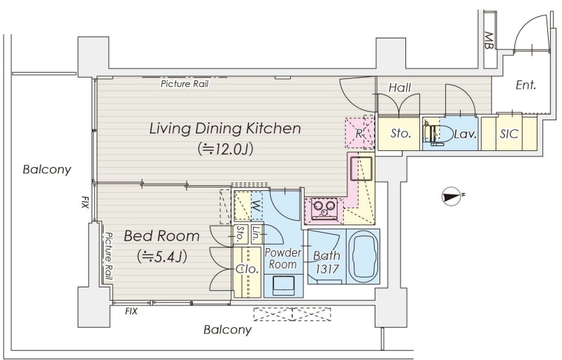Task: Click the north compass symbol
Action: pos(452,197)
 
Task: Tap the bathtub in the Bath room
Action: pos(363,257)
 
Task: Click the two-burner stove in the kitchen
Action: pos(324,208)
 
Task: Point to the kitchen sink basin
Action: pos(361,168)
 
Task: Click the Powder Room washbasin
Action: pos(283,286)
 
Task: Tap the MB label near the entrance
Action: pos(488,40)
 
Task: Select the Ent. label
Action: pos(526,85)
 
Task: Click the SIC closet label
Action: pos(509,134)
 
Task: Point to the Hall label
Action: pos(400,87)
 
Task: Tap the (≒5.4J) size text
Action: pos(161,256)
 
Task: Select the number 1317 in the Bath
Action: pos(327,269)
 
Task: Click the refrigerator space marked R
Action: pos(359,133)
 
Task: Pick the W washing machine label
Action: pos(256,206)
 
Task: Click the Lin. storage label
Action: pos(257,233)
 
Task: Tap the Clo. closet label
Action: pos(247,269)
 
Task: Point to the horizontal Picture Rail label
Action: pos(185,84)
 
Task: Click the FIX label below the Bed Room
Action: pos(131,311)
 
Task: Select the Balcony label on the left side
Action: pos(47,169)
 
